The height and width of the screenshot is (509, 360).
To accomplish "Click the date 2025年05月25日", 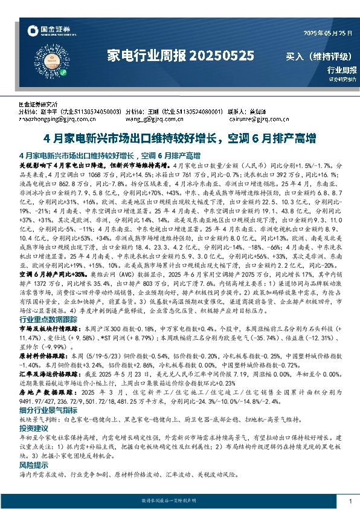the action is point(326,33).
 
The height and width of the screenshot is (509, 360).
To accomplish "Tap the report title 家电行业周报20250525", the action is point(180,56).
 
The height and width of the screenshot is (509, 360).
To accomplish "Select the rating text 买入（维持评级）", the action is point(318,57).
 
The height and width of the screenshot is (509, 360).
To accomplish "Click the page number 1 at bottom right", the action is point(350,501).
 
